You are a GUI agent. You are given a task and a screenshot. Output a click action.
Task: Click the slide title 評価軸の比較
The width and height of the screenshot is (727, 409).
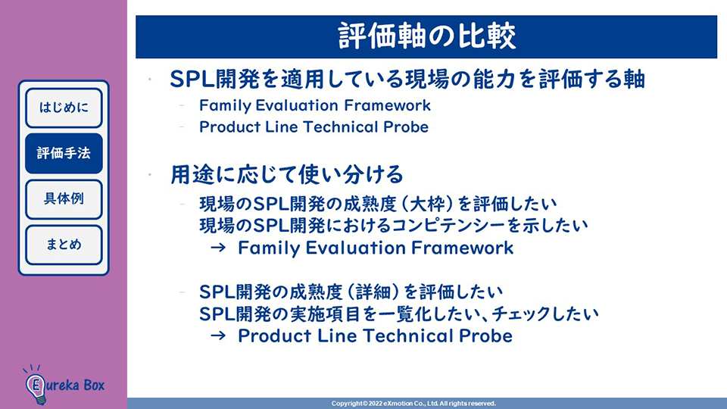(426, 36)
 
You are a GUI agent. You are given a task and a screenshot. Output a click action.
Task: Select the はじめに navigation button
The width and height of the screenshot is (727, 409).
(64, 108)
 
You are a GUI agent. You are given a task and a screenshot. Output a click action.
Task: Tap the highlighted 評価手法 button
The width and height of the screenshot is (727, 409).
(64, 154)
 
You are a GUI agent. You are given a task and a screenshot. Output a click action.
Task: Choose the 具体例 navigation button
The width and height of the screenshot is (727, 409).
(64, 199)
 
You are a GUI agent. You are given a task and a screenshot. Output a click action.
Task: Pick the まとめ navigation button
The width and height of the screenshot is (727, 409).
(64, 245)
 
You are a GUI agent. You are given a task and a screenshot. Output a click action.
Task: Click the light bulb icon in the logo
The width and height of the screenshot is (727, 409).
(36, 386)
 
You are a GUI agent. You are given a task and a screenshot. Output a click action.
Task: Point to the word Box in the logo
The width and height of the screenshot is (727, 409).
(94, 385)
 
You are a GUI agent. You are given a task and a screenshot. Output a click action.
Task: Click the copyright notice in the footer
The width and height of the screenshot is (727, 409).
(413, 404)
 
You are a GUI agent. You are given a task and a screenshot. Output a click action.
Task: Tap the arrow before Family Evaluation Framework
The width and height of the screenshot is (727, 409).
(218, 248)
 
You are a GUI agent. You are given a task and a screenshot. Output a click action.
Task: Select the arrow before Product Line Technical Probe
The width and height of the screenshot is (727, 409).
(218, 336)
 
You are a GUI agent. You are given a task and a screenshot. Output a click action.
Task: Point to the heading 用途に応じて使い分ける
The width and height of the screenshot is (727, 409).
(287, 175)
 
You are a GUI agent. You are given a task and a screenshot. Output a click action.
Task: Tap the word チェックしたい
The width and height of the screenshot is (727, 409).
(545, 314)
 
